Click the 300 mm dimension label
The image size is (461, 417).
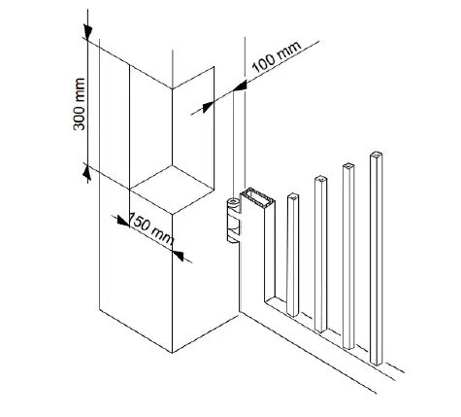[x=80, y=104]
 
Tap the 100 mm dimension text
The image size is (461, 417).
[x=277, y=56]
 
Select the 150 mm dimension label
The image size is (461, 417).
[x=152, y=228]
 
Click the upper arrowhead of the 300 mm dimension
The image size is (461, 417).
[x=87, y=32]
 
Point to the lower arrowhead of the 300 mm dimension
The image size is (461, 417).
[x=86, y=171]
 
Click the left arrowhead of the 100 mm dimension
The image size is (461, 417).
[x=208, y=107]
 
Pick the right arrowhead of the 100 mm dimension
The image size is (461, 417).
[x=240, y=87]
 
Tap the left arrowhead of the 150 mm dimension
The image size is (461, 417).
[x=123, y=221]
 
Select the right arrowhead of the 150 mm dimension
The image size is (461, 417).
[x=178, y=256]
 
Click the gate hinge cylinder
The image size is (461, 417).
[x=234, y=221]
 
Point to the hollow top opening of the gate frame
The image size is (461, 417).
[x=257, y=197]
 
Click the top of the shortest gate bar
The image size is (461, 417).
[x=293, y=195]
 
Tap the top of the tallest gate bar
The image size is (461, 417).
[x=376, y=155]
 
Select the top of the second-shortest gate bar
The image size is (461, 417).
[x=320, y=179]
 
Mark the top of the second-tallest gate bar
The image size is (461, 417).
[x=348, y=166]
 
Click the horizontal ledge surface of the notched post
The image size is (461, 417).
[x=172, y=190]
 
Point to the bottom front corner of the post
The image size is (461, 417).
[x=172, y=353]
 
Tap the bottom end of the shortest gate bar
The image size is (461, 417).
[x=292, y=314]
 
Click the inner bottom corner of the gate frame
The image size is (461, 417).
[x=266, y=301]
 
